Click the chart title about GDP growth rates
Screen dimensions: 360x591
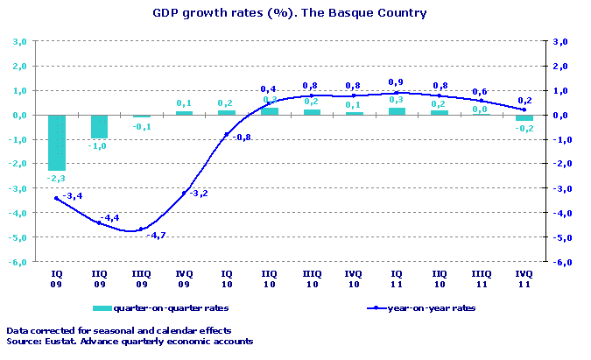(289, 13)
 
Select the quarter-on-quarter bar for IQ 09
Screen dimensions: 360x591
(56, 142)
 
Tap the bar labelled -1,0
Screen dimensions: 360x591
(99, 126)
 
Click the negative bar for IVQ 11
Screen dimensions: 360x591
(524, 117)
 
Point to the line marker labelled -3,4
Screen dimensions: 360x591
(56, 198)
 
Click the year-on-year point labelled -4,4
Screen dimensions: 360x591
(99, 222)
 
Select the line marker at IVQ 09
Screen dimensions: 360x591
(184, 193)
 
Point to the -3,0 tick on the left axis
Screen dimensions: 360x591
(18, 188)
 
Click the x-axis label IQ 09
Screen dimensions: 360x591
(56, 279)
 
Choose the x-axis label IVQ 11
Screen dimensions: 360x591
(524, 279)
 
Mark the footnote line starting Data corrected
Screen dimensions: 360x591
(118, 330)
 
